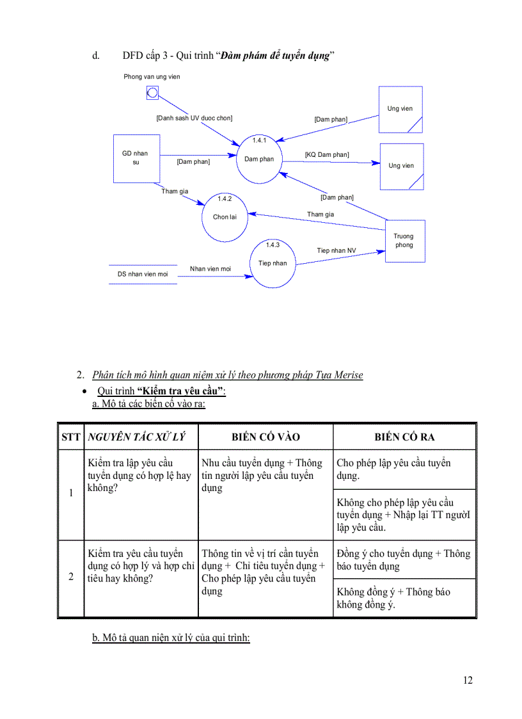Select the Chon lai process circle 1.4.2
(x=225, y=218)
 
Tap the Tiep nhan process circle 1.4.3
(x=273, y=263)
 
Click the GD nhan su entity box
(x=136, y=158)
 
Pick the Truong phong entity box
(x=404, y=241)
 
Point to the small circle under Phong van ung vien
(x=152, y=93)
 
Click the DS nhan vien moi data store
(x=143, y=274)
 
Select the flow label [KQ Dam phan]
(x=327, y=155)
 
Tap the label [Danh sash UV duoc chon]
(x=194, y=118)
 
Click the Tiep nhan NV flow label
(x=336, y=250)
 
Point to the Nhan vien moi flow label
(x=210, y=269)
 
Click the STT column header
(x=71, y=437)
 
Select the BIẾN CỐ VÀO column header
(x=265, y=437)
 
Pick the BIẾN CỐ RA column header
(x=404, y=437)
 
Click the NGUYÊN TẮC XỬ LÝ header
(x=136, y=437)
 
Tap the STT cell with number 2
(x=71, y=576)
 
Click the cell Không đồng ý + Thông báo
(x=404, y=598)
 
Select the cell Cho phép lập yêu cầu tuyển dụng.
(x=404, y=469)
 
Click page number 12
(x=468, y=680)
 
